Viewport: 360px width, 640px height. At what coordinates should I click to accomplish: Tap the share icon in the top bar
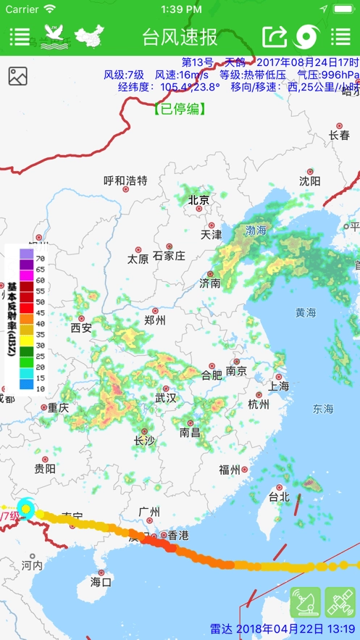[275, 36]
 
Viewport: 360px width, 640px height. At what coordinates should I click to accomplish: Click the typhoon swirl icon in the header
[307, 36]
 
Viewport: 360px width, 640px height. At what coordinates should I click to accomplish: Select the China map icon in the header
[90, 36]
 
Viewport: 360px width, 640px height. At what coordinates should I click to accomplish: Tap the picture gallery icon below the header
[17, 75]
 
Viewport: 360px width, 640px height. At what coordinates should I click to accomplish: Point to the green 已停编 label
[180, 109]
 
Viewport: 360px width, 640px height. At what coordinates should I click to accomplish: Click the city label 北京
[198, 200]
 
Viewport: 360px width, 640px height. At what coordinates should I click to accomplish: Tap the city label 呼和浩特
[125, 180]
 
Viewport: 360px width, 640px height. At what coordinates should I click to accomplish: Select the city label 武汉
[165, 397]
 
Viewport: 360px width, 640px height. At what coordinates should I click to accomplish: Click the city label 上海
[279, 386]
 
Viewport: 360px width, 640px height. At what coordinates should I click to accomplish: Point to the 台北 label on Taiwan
[279, 496]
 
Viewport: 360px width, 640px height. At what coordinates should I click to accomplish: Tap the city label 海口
[101, 581]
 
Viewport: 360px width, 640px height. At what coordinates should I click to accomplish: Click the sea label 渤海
[256, 230]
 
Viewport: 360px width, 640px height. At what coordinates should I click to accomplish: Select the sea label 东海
[323, 410]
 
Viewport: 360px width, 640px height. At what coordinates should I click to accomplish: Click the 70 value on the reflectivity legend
[41, 258]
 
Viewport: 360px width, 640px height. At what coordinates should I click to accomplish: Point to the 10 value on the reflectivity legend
[41, 388]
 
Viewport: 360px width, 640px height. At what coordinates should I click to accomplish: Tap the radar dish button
[305, 602]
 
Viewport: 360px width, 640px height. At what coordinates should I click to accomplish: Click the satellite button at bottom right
[340, 602]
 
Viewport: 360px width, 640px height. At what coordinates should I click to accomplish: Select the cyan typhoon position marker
[26, 510]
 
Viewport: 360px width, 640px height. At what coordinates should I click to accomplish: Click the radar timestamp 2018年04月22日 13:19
[283, 628]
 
